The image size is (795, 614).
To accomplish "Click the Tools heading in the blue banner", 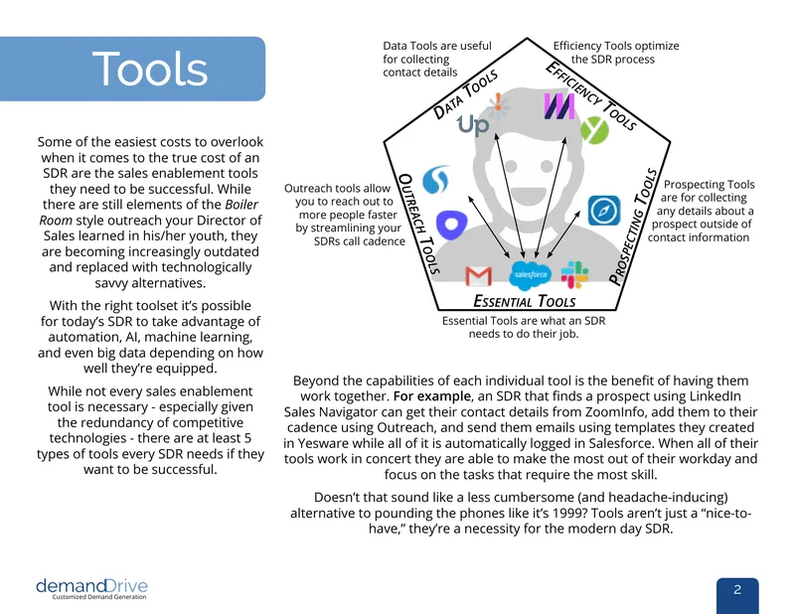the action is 150,69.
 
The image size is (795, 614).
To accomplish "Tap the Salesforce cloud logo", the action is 530,275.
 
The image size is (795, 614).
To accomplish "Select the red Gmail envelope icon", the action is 478,276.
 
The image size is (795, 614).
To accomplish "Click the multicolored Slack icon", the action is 574,274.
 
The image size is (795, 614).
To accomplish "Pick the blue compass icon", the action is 604,211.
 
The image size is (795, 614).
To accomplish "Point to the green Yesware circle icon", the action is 594,130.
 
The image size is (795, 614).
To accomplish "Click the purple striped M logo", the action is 559,106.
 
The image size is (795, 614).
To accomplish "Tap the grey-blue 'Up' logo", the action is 473,125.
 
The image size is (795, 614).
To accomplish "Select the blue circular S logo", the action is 435,180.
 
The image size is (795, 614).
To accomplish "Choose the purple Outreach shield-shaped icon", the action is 451,225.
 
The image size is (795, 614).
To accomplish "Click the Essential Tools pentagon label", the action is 525,301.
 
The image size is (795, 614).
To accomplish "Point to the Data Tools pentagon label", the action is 465,95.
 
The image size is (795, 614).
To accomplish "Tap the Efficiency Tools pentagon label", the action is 590,95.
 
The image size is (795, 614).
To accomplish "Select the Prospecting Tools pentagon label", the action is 633,227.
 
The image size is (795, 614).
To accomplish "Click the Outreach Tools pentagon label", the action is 418,224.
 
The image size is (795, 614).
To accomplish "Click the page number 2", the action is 737,590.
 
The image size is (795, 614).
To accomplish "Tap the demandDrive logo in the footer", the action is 91,588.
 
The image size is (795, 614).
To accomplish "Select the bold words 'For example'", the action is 432,396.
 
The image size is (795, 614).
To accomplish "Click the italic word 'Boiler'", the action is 241,205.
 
